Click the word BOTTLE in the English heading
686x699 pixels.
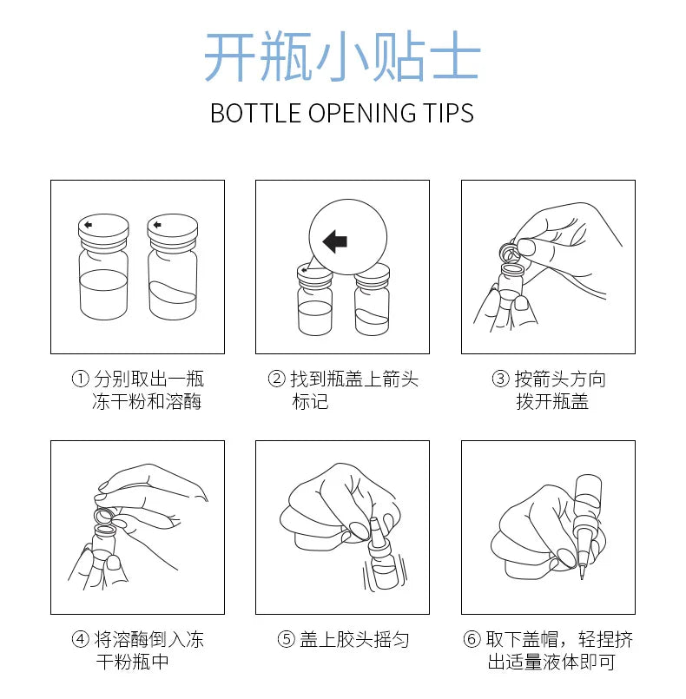pos(255,113)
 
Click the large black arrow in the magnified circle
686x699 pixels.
pos(335,241)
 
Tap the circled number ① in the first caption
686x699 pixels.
pos(80,379)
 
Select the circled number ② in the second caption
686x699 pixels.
pos(276,379)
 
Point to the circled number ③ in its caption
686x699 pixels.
pos(500,379)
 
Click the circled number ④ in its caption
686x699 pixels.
pos(80,639)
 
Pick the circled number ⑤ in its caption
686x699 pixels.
pos(287,639)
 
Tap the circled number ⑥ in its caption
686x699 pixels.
pos(472,639)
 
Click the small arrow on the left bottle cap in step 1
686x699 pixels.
pos(88,225)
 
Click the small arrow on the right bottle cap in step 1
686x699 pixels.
pos(157,225)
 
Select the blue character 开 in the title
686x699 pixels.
pos(229,56)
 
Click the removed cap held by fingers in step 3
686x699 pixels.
pos(511,253)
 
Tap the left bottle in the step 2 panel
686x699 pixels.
pos(314,300)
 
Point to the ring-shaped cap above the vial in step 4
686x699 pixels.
pos(104,517)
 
